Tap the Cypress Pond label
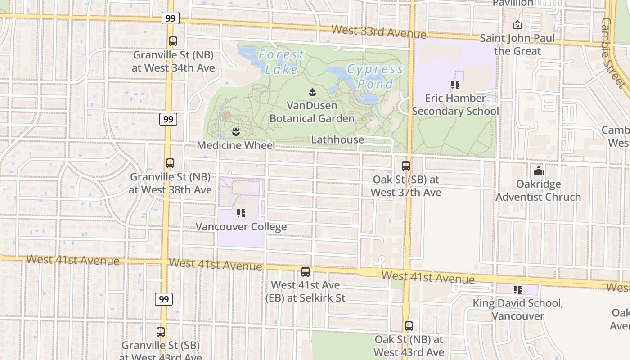[375, 76]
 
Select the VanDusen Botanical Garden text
[312, 112]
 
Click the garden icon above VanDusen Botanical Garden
[312, 93]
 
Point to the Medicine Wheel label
[236, 145]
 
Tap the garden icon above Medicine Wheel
[235, 132]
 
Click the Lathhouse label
[337, 139]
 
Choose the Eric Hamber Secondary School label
[455, 104]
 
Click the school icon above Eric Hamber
[455, 85]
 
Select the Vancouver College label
[241, 226]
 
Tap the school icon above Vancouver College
[241, 213]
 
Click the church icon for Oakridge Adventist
[538, 171]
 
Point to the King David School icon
[517, 290]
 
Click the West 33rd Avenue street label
[379, 32]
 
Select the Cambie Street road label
[613, 52]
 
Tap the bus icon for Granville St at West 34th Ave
[173, 41]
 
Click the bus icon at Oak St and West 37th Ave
[406, 166]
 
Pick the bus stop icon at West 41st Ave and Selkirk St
[306, 272]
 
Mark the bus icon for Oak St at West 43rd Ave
[409, 326]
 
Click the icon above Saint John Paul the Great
[517, 25]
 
